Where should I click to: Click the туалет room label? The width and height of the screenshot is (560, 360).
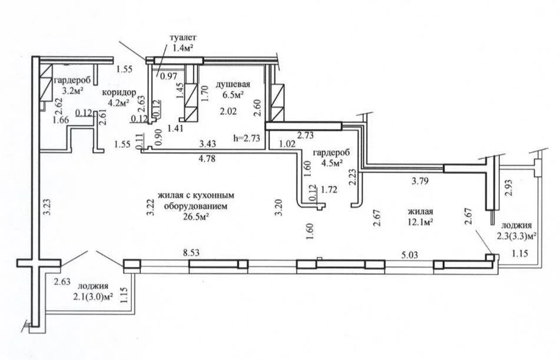pos(183,37)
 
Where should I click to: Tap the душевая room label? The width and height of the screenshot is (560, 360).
pos(233,84)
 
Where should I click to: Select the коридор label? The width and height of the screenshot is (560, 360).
pos(119,93)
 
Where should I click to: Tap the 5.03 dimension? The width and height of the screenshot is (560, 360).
pos(409,255)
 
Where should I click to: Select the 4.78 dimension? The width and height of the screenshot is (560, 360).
pos(207,158)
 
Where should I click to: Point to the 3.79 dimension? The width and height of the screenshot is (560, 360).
pos(420,181)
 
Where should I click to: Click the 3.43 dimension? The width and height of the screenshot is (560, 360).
pos(208,144)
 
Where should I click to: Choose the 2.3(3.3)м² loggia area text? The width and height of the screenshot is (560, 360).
pos(517,236)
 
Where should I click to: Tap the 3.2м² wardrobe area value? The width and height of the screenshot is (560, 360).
pos(72,91)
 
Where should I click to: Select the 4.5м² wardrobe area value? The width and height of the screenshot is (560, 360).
pos(332,164)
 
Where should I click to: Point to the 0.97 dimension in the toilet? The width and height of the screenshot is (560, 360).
pos(168,76)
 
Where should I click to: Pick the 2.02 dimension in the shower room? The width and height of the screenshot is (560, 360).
pos(228,111)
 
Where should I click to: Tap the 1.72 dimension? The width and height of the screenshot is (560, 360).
pos(329,189)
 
